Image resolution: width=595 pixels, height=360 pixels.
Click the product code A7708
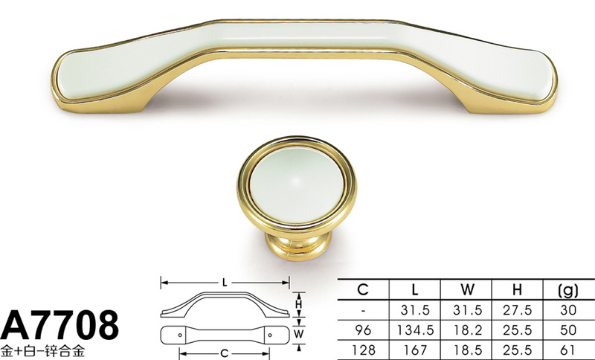tap(59, 325)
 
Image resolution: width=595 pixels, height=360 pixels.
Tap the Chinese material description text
tap(42, 350)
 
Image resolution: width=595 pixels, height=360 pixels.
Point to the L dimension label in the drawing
tap(225, 283)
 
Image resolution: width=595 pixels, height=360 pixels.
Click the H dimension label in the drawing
tap(299, 304)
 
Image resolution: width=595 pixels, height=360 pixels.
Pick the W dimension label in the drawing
tap(299, 334)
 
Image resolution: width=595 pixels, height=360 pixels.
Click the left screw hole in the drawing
tap(180, 335)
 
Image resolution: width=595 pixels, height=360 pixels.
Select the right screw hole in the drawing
tap(270, 335)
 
